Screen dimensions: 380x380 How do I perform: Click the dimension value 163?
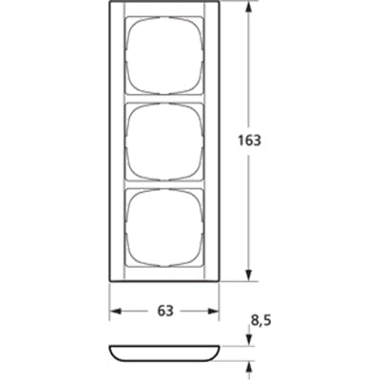point(249,141)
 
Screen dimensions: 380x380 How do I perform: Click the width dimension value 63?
point(165,311)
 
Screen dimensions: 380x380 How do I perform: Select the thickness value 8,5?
point(261,321)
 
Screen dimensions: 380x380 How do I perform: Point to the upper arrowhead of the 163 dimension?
point(250,9)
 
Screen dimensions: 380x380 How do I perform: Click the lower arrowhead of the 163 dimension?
point(250,274)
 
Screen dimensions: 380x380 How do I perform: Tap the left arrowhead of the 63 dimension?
point(116,311)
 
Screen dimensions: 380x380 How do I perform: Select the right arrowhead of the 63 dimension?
point(212,311)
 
